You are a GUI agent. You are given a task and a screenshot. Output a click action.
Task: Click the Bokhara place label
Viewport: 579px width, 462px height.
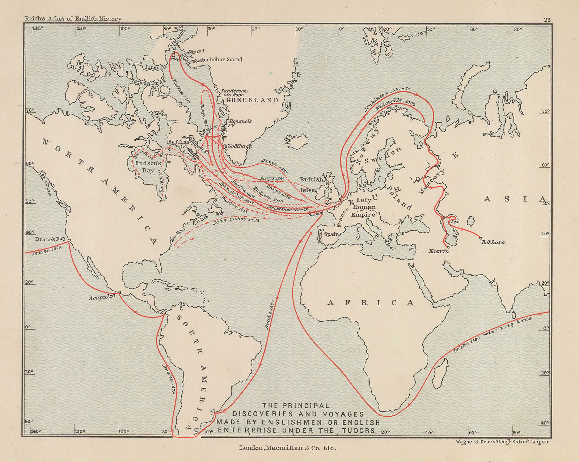click(493, 242)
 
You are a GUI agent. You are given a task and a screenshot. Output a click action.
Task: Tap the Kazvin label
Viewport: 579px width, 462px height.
click(439, 251)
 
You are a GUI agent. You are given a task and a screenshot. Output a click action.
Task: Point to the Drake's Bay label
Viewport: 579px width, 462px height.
click(51, 239)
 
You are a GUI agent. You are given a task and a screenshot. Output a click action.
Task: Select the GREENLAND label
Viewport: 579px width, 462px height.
click(252, 100)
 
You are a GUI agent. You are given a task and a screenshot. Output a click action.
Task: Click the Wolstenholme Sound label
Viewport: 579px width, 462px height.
click(217, 59)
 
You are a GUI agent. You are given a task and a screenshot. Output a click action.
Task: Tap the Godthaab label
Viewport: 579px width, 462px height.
click(240, 146)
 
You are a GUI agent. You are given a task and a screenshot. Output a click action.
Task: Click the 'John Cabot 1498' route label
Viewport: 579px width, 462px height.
click(236, 221)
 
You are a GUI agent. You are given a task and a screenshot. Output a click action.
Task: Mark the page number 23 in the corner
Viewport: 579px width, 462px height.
click(547, 20)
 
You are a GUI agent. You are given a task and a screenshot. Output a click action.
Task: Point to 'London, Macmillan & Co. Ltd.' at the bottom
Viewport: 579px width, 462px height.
click(288, 448)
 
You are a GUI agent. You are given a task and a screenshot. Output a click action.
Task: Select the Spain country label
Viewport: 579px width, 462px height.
click(331, 234)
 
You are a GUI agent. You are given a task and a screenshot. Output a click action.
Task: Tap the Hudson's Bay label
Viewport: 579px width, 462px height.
click(148, 167)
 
